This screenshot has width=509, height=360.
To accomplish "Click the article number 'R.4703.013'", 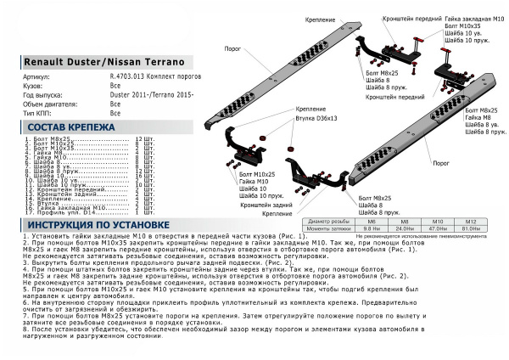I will pos(129,76).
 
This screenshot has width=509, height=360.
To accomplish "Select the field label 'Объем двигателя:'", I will pos(49,104).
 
